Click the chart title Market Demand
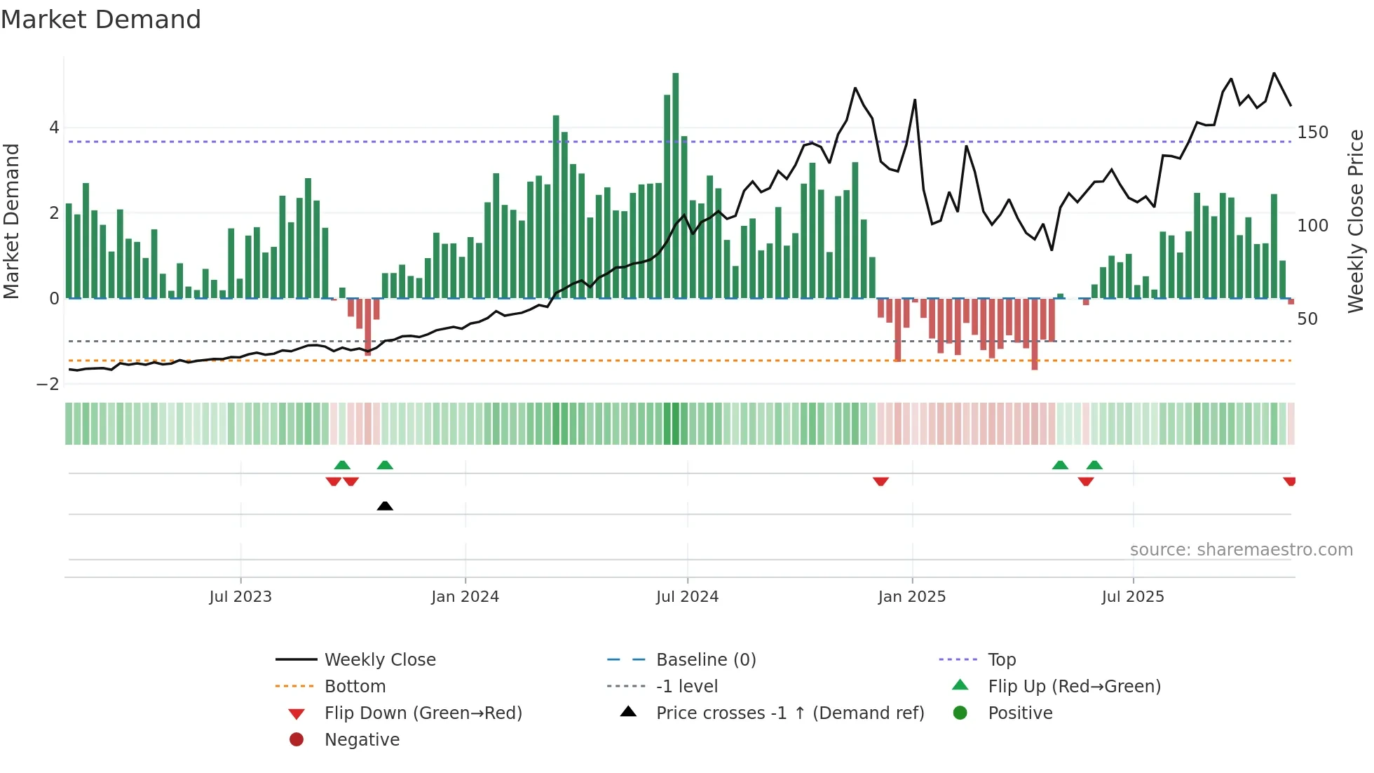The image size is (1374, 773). point(101,20)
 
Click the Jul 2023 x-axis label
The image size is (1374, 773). point(240,597)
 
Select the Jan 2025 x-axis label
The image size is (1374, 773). point(911,597)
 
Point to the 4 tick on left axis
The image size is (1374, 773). point(54,128)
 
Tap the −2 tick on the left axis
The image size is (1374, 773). point(48,384)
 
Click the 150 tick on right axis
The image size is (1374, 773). point(1312,133)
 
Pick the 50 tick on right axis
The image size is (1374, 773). point(1307,319)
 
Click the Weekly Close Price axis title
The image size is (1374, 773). point(1356,221)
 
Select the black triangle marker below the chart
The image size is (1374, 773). point(385,506)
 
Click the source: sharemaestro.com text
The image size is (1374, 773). point(1241,550)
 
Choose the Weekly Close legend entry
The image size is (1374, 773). point(379,660)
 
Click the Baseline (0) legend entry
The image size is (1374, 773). point(705,660)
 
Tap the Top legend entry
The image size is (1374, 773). point(1001,660)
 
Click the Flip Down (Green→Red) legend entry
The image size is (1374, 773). point(423,713)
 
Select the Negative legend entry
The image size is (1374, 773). point(362,740)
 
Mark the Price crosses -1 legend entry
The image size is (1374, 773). point(789,713)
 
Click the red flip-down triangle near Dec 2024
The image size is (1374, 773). point(880,481)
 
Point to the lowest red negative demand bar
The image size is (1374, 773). point(1035,335)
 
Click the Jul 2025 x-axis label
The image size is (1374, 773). point(1132,597)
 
